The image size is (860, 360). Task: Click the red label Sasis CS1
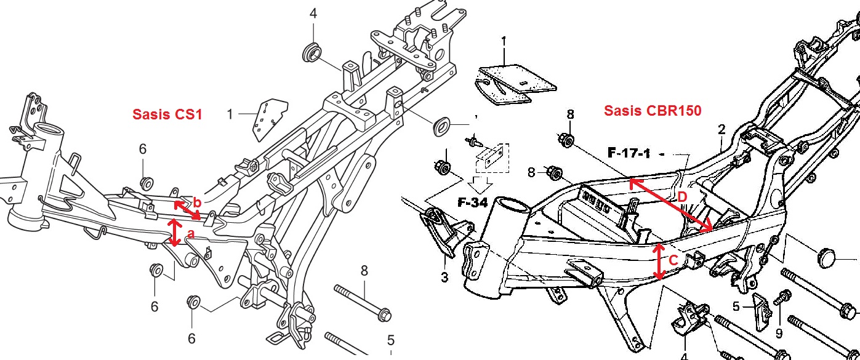[167, 114]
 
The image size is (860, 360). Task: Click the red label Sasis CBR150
[653, 111]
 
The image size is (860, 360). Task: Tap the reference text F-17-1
[629, 153]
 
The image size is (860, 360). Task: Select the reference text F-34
[473, 201]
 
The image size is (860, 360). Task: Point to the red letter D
[682, 196]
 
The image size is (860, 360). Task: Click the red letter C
[673, 261]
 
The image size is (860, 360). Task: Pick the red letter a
[190, 234]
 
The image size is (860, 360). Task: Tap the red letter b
[197, 202]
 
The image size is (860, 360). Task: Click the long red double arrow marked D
[671, 205]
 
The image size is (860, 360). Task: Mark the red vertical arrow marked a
[175, 233]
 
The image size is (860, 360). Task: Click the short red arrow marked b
[187, 210]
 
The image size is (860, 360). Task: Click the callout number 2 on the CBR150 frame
[722, 130]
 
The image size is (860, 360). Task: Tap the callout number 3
[444, 278]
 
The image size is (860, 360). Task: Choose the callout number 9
[779, 334]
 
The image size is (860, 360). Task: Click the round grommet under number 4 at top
[312, 52]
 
